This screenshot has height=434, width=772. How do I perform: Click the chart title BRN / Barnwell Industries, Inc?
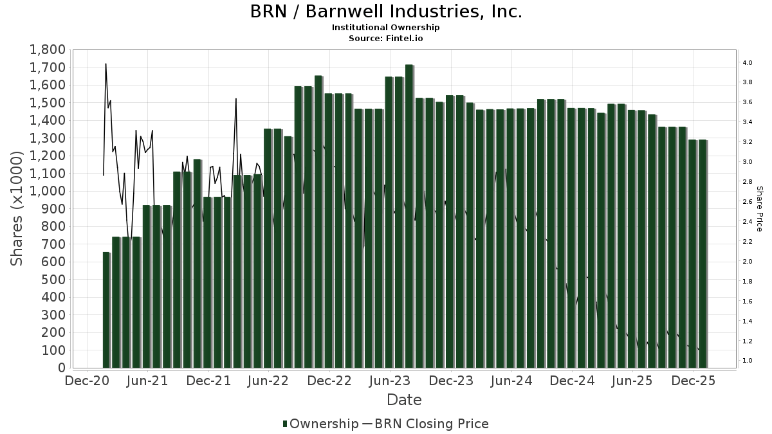tap(386, 12)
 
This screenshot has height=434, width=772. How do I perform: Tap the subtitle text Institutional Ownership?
tap(386, 28)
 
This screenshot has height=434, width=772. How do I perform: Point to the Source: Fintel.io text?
tap(386, 38)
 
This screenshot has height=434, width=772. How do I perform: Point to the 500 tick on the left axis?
tap(53, 280)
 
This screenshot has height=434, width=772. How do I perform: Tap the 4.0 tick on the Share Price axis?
tap(748, 63)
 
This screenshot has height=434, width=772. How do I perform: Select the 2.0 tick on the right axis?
tap(748, 262)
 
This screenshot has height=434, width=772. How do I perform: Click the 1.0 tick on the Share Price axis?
tap(748, 361)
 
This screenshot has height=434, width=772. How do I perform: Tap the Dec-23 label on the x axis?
tap(452, 381)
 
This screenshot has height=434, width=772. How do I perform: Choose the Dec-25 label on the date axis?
tap(694, 381)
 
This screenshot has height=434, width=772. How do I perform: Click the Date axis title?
tap(404, 400)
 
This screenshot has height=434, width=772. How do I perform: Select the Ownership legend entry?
tap(320, 424)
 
